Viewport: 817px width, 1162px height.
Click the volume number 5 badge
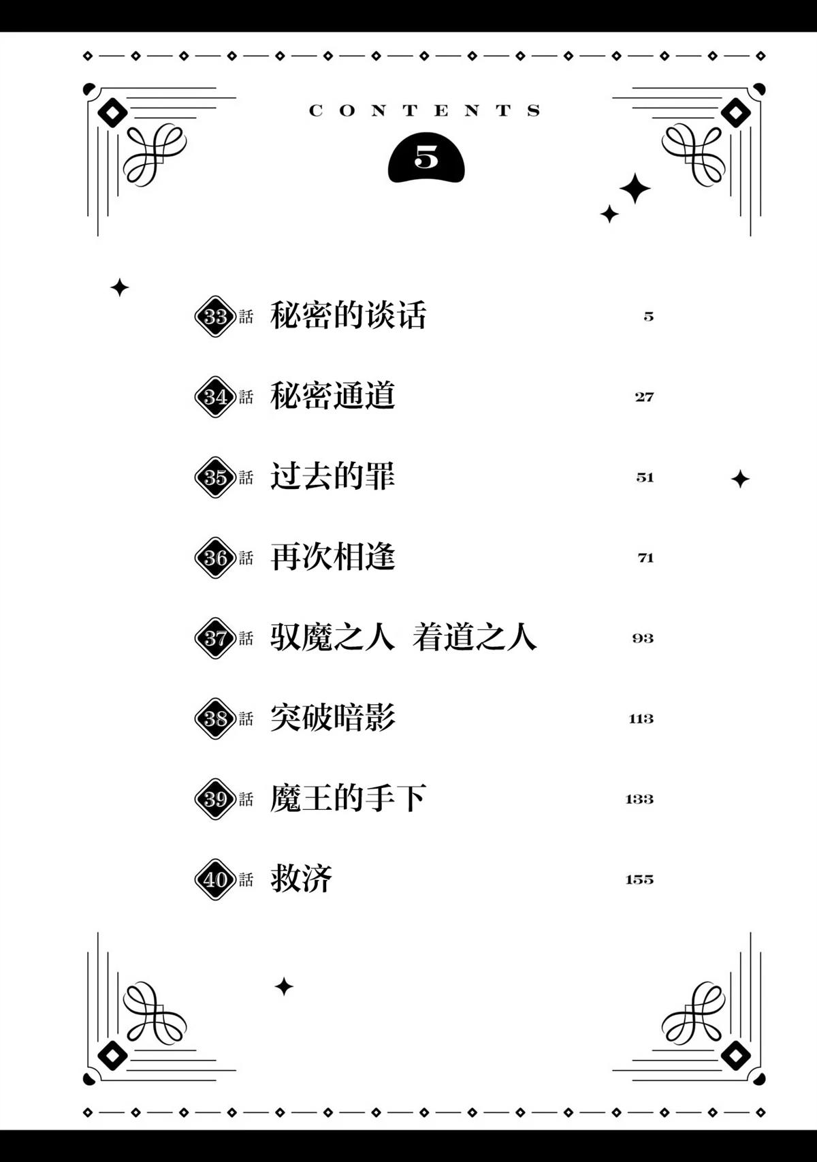tap(426, 160)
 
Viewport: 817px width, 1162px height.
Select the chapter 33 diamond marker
tap(215, 317)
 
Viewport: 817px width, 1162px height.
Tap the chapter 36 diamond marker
tap(215, 558)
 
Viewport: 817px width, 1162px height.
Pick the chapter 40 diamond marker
tap(215, 879)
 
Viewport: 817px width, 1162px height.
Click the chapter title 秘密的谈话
tap(348, 315)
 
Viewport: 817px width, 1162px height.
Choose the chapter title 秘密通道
tap(332, 395)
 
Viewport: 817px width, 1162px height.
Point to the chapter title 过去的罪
tap(332, 475)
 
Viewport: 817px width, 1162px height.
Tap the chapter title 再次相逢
tap(332, 556)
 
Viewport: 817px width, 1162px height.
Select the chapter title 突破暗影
tap(332, 717)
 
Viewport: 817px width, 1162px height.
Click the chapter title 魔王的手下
tap(348, 798)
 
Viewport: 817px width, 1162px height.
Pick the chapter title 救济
tap(301, 878)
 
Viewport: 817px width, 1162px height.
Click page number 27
tap(644, 397)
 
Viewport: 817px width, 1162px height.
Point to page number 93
tap(643, 638)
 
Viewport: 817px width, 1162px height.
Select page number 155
tap(640, 879)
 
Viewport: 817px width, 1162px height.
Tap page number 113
tap(641, 719)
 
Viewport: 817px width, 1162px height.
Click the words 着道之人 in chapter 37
tap(475, 636)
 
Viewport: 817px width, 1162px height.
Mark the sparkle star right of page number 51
tap(740, 479)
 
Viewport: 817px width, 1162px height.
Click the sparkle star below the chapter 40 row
tap(283, 987)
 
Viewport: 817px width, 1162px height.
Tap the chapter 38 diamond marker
tap(215, 719)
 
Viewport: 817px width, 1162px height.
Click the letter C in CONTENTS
tap(316, 110)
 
